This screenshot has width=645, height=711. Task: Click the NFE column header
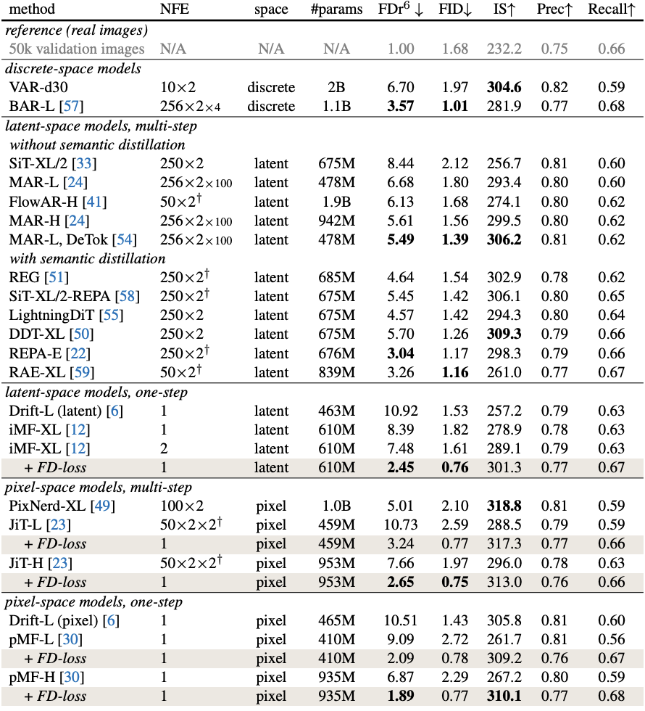pyautogui.click(x=175, y=9)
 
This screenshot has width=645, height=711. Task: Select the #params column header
pyautogui.click(x=336, y=9)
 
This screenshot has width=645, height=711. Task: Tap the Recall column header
pyautogui.click(x=612, y=9)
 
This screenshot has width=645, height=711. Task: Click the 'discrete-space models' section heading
pyautogui.click(x=73, y=68)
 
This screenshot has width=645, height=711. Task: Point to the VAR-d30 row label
pyautogui.click(x=38, y=87)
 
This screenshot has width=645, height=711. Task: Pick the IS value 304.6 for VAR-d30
pyautogui.click(x=504, y=87)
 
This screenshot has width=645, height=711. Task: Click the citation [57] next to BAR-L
pyautogui.click(x=72, y=106)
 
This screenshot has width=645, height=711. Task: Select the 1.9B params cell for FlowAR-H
pyautogui.click(x=336, y=202)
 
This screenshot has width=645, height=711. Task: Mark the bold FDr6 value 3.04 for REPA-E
pyautogui.click(x=400, y=353)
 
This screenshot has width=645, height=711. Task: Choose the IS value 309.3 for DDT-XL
pyautogui.click(x=504, y=334)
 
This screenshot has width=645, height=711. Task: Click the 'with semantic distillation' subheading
pyautogui.click(x=88, y=258)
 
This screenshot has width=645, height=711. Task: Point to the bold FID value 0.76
pyautogui.click(x=455, y=467)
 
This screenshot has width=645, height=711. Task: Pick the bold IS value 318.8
pyautogui.click(x=504, y=506)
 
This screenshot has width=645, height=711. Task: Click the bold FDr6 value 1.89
pyautogui.click(x=400, y=696)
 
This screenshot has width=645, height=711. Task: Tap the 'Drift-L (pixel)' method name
pyautogui.click(x=54, y=620)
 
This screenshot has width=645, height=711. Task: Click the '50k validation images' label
pyautogui.click(x=77, y=49)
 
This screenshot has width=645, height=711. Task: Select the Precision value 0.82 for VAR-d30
pyautogui.click(x=554, y=87)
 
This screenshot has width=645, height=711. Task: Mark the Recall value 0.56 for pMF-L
pyautogui.click(x=612, y=639)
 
